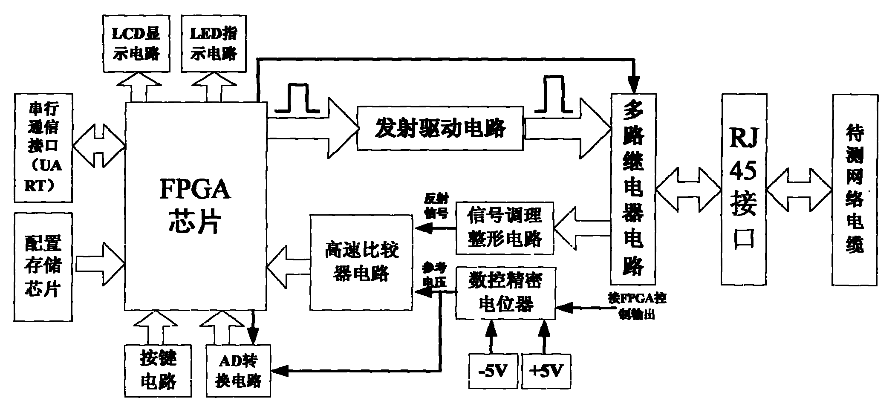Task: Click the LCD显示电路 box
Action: tap(136, 43)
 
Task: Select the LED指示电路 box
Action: tap(214, 43)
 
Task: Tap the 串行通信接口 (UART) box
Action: tap(43, 147)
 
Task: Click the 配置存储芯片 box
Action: tap(43, 267)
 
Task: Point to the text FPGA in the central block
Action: tap(195, 190)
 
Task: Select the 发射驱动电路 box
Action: tap(440, 128)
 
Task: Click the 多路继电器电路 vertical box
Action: tap(633, 189)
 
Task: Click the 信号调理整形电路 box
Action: tap(505, 228)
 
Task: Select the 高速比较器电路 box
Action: tap(361, 262)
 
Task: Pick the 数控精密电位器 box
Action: tap(505, 293)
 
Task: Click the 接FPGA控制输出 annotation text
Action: tap(637, 306)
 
